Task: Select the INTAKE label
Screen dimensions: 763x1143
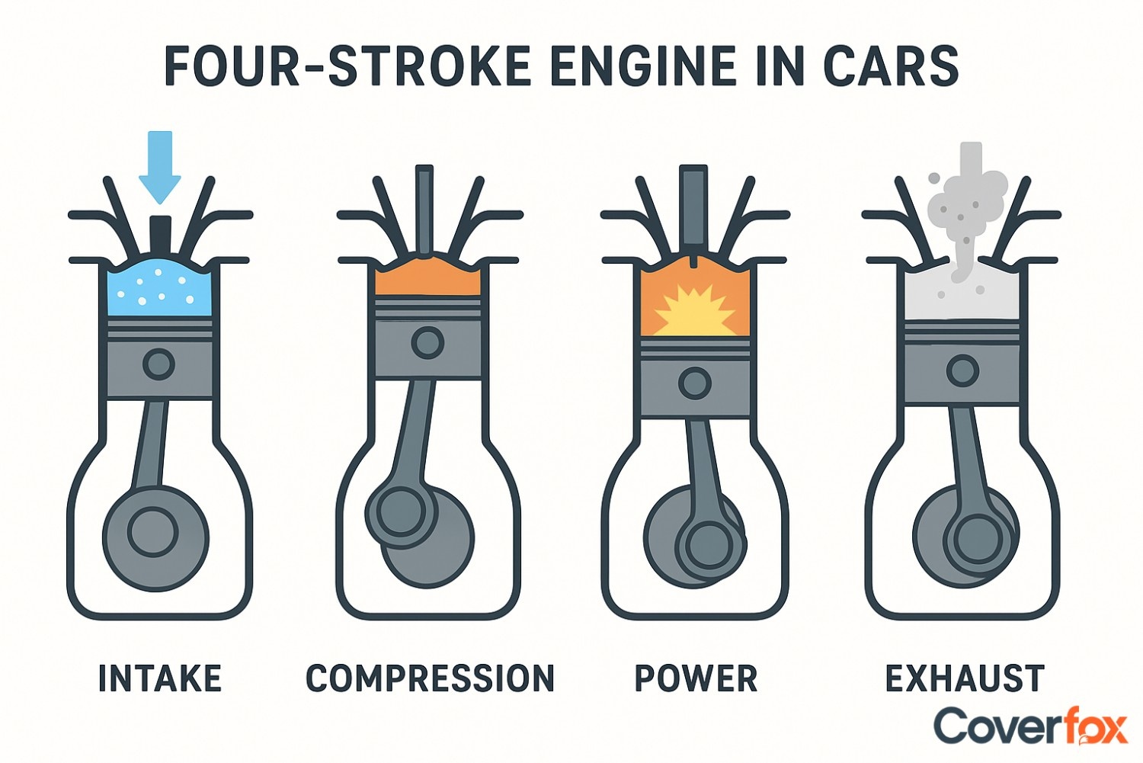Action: (160, 678)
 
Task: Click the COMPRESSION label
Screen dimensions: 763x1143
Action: (430, 678)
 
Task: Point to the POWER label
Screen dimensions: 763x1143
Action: (696, 678)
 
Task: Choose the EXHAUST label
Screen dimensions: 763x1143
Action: (964, 678)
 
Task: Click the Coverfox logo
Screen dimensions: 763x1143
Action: (1030, 726)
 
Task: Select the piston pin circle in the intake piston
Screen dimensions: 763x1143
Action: (158, 364)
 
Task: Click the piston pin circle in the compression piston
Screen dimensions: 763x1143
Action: (427, 343)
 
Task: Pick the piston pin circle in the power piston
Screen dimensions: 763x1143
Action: (694, 383)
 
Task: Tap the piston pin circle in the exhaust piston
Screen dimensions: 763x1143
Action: (962, 371)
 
